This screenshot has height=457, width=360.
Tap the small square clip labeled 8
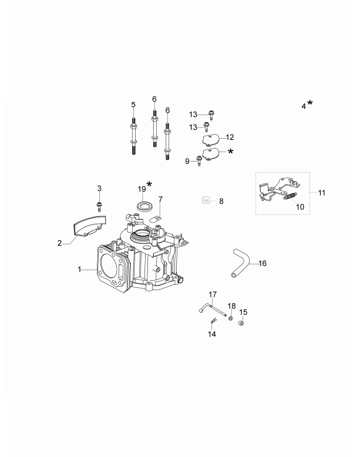(206, 201)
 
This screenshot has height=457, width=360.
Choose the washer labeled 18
(231, 319)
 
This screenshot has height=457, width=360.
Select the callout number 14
(211, 334)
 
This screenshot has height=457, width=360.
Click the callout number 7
(160, 199)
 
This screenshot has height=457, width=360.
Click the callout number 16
(263, 263)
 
